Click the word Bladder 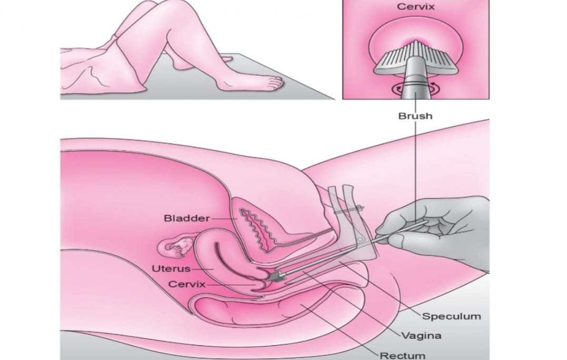(186, 218)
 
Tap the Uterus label (171, 269)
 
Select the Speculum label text (452, 317)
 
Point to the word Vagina (422, 336)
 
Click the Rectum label (402, 355)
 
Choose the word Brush (415, 116)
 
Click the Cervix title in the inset (416, 7)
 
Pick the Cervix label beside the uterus (187, 284)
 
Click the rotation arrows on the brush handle (416, 87)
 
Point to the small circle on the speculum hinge (360, 240)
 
